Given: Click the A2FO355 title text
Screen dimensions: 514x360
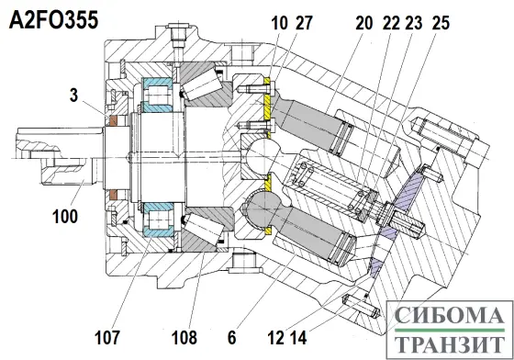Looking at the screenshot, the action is (x=54, y=20).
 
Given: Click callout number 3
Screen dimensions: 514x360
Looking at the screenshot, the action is (x=74, y=96).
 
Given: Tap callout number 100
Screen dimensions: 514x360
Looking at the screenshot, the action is (x=65, y=217).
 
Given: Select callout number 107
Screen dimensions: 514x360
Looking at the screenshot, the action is (x=107, y=337).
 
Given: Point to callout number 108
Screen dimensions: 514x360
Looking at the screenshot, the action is (x=184, y=337).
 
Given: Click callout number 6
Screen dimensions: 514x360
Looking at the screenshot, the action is (x=231, y=337).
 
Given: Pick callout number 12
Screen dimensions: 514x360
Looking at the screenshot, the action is (x=275, y=337).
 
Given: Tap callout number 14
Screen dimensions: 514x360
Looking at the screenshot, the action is (x=298, y=337).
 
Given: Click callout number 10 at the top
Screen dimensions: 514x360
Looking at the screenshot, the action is (x=280, y=23).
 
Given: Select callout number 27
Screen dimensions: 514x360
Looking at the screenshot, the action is (x=304, y=23).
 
